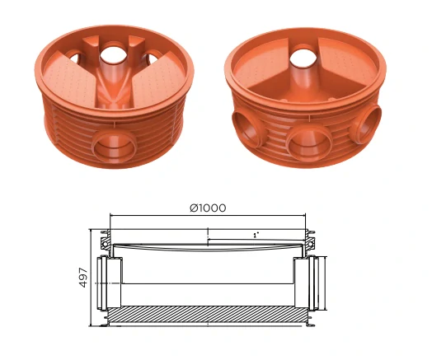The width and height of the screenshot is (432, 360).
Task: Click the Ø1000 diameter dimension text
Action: click(207, 208)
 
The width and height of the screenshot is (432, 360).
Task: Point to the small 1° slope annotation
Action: click(256, 235)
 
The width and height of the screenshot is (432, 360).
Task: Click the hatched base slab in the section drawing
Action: click(207, 314)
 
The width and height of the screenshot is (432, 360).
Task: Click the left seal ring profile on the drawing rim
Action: click(106, 241)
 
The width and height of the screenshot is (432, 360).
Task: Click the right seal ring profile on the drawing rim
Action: click(312, 241)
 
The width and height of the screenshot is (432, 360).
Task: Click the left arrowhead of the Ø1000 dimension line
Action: click(112, 218)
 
